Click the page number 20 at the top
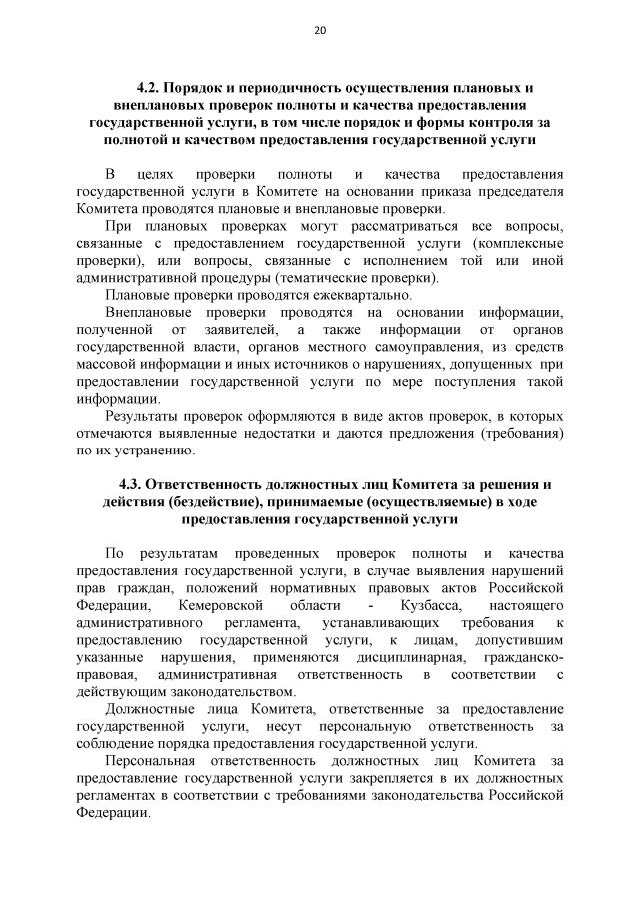click(x=320, y=31)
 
